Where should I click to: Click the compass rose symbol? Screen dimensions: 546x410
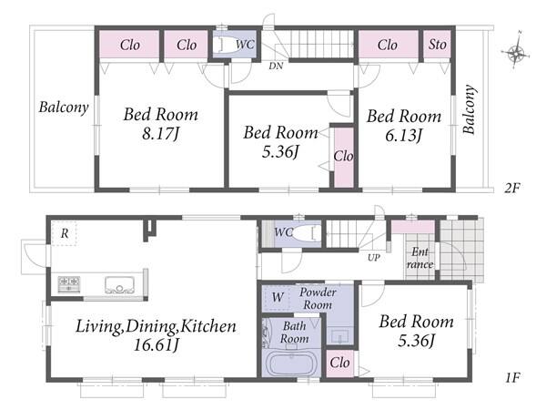(516, 53)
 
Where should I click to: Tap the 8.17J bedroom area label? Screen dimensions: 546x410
(160, 133)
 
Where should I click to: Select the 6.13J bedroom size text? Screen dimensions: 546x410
(403, 135)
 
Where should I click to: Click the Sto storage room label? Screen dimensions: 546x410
(438, 45)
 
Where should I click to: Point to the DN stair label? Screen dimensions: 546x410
(276, 66)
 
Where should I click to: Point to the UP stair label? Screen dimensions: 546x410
(374, 258)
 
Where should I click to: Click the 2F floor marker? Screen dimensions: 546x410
(512, 189)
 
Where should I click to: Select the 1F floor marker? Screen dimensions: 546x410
(512, 377)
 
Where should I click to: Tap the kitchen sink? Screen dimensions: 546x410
(120, 285)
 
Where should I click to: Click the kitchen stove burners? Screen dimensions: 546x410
(69, 284)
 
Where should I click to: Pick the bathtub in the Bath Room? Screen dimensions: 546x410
(291, 364)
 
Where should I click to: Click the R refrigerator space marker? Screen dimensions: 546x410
(64, 233)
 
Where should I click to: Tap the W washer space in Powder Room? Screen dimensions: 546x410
(278, 297)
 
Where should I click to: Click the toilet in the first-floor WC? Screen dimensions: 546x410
(308, 233)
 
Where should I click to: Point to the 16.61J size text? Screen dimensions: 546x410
(157, 344)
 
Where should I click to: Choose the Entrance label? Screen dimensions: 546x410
(420, 258)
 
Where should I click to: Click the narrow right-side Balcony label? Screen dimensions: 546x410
(470, 109)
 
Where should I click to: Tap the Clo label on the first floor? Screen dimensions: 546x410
(339, 363)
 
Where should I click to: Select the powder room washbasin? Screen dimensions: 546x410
(339, 336)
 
